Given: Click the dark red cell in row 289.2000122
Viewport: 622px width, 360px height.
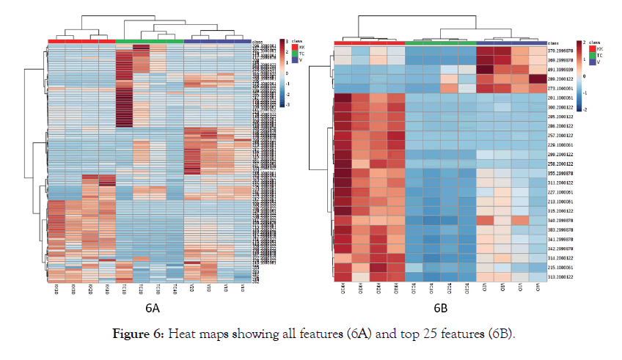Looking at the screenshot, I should [537, 78].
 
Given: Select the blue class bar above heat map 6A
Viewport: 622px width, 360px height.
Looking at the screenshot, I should [217, 41].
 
